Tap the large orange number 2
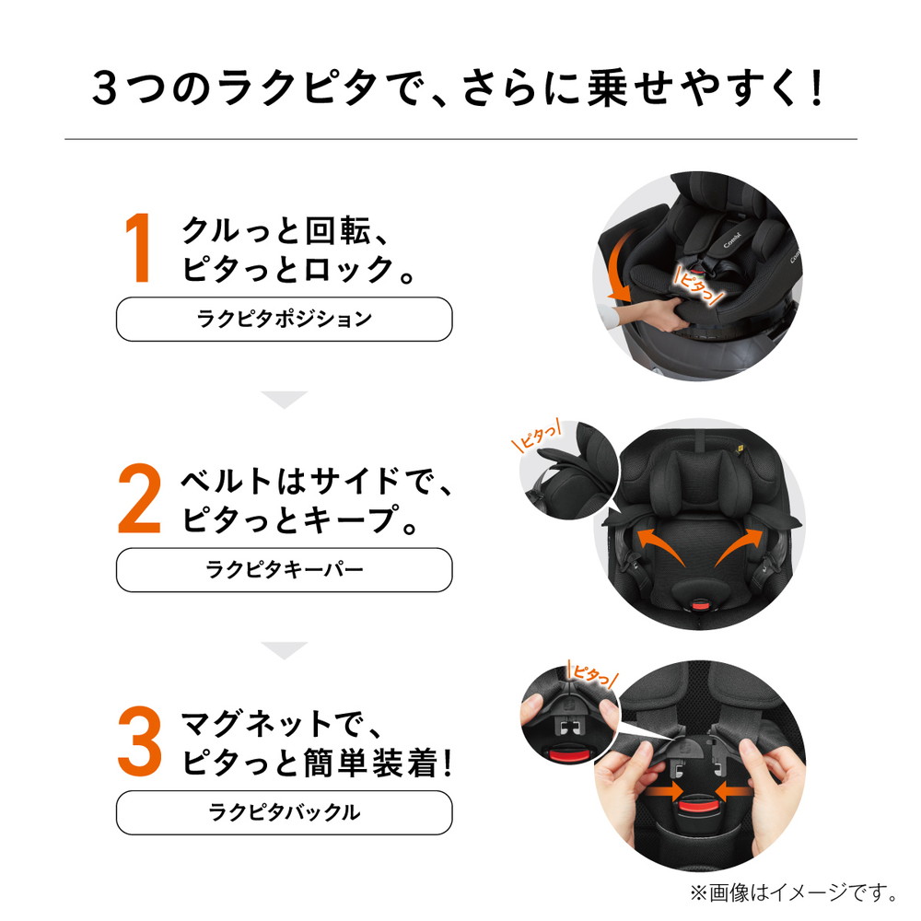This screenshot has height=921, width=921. coord(139,498)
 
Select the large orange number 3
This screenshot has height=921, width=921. coord(140,740)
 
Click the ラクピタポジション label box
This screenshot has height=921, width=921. coord(285,319)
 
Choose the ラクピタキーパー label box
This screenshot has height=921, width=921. coord(285,570)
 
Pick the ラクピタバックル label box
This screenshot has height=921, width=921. coord(285,812)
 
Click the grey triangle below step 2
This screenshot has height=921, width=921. coord(285,650)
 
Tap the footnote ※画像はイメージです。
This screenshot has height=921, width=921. coord(794,892)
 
